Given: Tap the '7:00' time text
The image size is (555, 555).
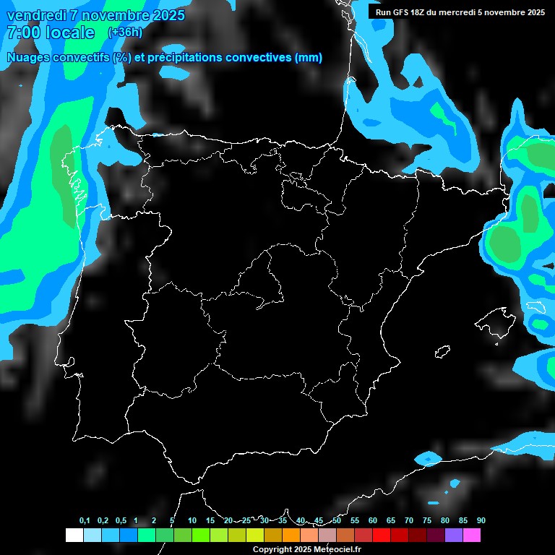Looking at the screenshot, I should point(22,33).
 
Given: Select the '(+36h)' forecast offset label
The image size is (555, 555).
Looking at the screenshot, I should point(125,33).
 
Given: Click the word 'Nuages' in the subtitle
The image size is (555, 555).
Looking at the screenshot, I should point(30,58).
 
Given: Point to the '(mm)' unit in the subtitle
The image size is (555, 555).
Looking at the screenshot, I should point(309,58).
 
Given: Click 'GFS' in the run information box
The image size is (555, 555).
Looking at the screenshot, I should point(405,12).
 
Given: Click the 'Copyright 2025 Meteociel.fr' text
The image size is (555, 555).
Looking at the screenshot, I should point(306,550).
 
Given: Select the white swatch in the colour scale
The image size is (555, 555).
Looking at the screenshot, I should point(74,535).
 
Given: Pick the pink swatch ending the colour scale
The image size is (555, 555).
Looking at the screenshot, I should point(472,535).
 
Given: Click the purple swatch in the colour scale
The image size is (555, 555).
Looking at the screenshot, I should point(454,535).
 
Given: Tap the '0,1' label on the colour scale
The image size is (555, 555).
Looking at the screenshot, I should point(85,521).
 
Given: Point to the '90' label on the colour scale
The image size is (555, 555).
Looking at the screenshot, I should point(481,521).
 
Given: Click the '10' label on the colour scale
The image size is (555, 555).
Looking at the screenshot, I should point(192,521).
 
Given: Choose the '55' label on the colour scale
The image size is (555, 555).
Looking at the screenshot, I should point(354,521).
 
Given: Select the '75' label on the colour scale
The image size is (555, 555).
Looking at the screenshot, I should point(427,521).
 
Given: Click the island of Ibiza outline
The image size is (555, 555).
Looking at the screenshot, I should point(442,352).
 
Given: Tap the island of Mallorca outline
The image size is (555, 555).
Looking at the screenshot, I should point(491,319).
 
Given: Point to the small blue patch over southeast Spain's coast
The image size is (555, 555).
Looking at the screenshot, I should point(429,457).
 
